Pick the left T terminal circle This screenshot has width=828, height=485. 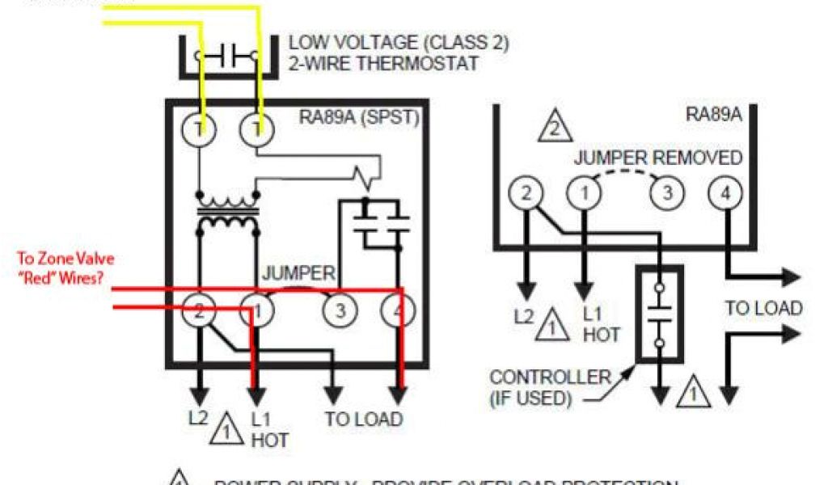point(198,129)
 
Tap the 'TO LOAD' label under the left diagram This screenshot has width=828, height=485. point(364,419)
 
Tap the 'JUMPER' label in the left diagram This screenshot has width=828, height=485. point(298,273)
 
